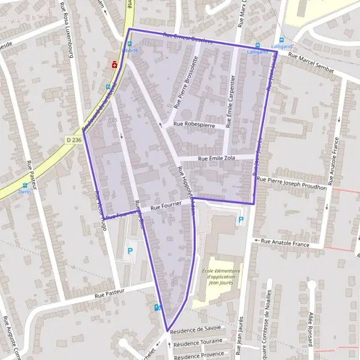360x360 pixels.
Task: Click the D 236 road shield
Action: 73,140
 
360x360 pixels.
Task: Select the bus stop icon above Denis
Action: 25,185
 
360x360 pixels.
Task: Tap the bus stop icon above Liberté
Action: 128,44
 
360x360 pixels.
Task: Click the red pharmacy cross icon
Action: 113,64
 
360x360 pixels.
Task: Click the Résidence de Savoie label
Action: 196,329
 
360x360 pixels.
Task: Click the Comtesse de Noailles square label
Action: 268,324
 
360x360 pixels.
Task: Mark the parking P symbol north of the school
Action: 241,220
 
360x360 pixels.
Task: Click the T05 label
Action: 112,121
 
